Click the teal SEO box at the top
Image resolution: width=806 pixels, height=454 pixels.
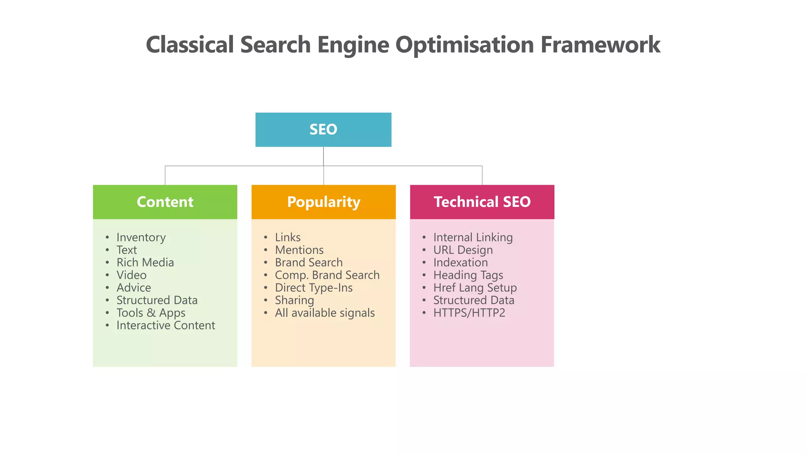click(x=323, y=130)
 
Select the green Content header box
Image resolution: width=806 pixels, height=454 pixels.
click(x=165, y=202)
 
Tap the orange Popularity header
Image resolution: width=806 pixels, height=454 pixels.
click(x=324, y=202)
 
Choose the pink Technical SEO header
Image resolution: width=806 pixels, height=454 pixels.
click(x=482, y=202)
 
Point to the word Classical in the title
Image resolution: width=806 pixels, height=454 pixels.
click(x=190, y=45)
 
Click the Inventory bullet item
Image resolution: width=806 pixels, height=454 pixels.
click(x=141, y=237)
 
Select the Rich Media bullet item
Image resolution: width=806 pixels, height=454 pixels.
click(x=145, y=262)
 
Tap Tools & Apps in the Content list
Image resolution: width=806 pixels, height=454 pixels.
click(x=151, y=313)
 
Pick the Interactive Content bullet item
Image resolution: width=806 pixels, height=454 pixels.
click(x=166, y=326)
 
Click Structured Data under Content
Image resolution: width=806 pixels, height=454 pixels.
click(x=157, y=300)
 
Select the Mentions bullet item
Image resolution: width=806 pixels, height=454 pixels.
click(x=299, y=250)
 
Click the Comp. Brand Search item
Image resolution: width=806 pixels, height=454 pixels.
click(x=327, y=275)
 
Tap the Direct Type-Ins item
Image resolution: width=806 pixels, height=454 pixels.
click(x=314, y=288)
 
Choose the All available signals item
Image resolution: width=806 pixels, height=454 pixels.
click(x=325, y=313)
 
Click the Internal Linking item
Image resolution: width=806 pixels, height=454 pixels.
click(x=473, y=237)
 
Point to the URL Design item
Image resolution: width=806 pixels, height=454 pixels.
click(x=463, y=250)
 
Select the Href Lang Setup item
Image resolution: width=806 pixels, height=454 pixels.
click(x=475, y=288)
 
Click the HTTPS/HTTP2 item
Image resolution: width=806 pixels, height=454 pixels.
click(x=469, y=313)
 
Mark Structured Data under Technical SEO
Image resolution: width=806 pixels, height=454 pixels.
click(x=473, y=300)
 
